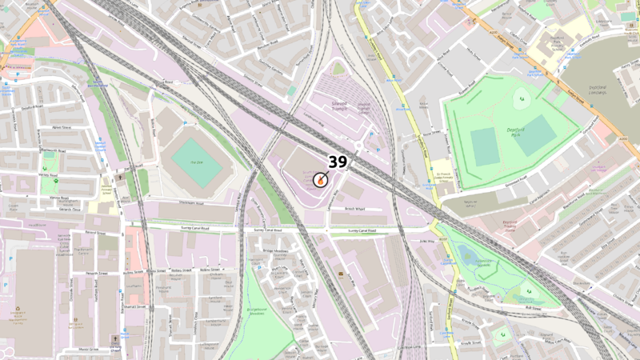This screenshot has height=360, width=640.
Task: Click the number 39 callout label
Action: tap(338, 162)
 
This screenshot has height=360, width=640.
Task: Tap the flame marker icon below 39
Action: tap(320, 180)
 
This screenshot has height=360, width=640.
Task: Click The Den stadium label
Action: tap(186, 161)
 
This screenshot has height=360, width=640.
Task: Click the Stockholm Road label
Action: tap(191, 204)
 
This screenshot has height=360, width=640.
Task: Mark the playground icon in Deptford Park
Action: tap(521, 99)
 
